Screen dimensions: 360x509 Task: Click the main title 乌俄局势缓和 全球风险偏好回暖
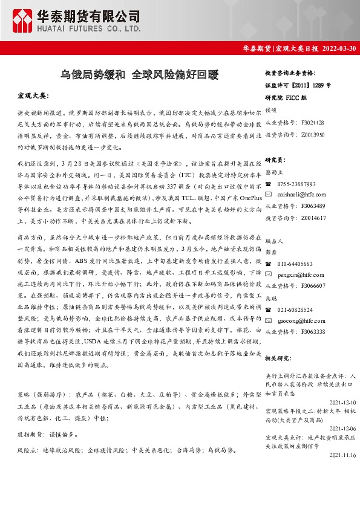(140, 76)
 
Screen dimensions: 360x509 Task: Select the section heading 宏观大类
(33, 96)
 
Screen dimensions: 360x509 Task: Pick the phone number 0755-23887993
(296, 184)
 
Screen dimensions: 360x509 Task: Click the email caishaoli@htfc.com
(301, 195)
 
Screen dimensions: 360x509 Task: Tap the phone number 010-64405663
(295, 264)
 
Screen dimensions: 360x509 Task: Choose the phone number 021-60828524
(295, 310)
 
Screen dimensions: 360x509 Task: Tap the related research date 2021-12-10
(343, 401)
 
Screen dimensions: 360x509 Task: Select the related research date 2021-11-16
(343, 456)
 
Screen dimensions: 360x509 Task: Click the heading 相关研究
(280, 358)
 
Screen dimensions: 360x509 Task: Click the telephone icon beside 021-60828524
(269, 310)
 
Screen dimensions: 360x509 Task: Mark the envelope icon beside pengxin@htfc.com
(269, 274)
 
